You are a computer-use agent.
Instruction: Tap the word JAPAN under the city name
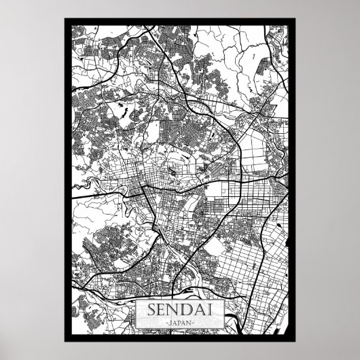pos(179,321)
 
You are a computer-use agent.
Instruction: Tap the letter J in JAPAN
pos(170,321)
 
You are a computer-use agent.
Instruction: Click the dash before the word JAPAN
pos(165,321)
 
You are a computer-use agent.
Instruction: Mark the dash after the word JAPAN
pos(194,321)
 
